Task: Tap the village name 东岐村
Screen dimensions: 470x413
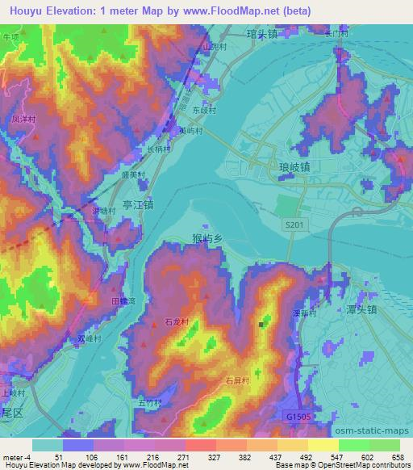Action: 205,110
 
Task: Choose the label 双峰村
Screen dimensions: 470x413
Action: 90,340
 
